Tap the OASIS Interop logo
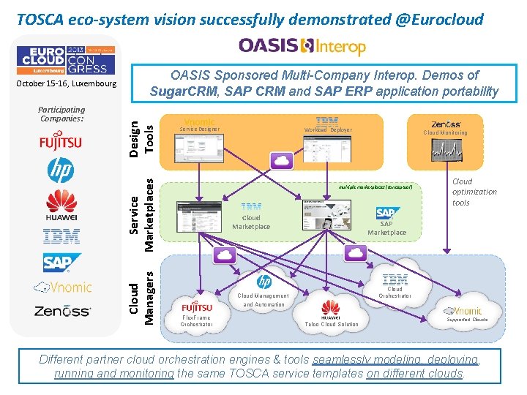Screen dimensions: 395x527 302,47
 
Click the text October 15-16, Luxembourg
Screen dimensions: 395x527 67,83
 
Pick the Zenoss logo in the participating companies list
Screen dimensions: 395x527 61,311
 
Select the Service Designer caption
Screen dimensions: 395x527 199,129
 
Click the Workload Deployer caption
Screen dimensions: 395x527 328,129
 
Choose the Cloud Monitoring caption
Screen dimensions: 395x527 445,132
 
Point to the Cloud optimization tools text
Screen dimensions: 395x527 474,192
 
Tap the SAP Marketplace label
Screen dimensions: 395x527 386,228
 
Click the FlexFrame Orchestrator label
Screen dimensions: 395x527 196,321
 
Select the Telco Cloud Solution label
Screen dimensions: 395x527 332,324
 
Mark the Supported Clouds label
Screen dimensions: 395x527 467,319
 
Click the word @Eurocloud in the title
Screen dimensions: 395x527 439,19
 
